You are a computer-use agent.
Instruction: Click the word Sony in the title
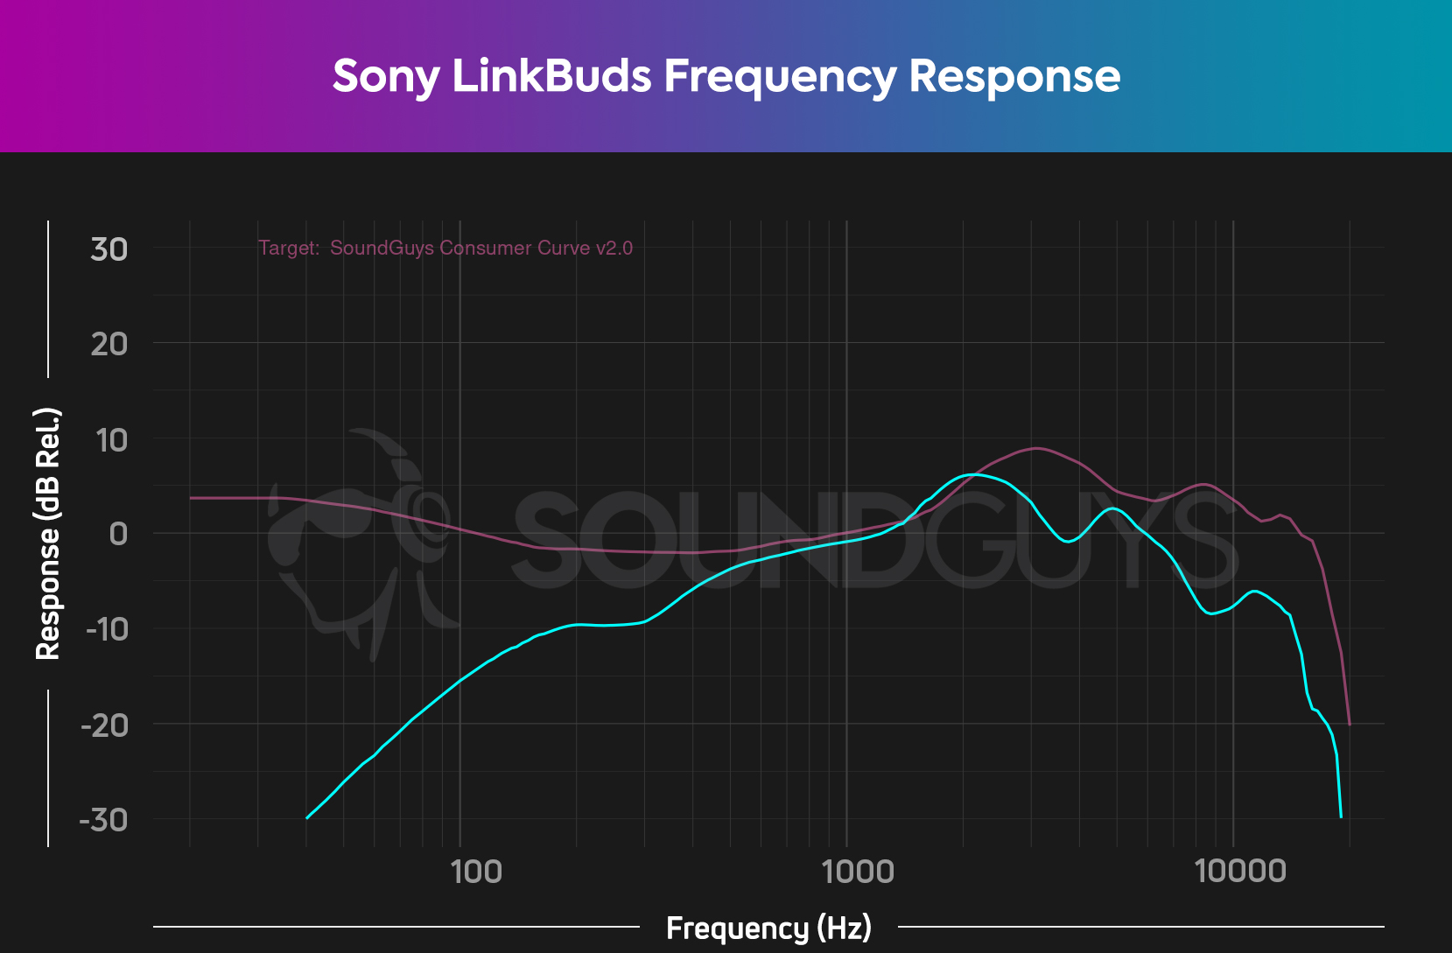point(385,76)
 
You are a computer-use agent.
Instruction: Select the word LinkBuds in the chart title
point(552,76)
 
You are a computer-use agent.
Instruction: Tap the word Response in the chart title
point(1014,76)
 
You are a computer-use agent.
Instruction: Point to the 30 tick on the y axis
point(109,249)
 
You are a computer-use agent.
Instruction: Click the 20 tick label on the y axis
point(109,344)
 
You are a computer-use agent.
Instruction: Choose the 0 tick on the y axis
point(118,533)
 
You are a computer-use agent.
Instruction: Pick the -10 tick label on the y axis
point(106,628)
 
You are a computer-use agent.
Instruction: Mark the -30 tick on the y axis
point(104,820)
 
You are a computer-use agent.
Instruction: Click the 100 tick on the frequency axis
point(476,871)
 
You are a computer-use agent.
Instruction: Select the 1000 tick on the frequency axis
point(859,871)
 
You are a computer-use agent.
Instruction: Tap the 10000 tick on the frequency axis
point(1240,871)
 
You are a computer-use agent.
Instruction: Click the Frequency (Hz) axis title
point(768,928)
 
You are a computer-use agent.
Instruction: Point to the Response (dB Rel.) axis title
point(48,534)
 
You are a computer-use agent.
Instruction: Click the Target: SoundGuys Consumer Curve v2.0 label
point(445,249)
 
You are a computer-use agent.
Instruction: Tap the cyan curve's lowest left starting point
point(306,818)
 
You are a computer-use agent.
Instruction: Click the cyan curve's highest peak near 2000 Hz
point(973,474)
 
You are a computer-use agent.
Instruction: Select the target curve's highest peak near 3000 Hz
point(1036,448)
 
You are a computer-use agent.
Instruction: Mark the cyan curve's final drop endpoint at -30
point(1341,817)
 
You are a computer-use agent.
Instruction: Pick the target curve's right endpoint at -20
point(1350,725)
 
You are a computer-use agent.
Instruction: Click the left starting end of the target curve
point(191,498)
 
